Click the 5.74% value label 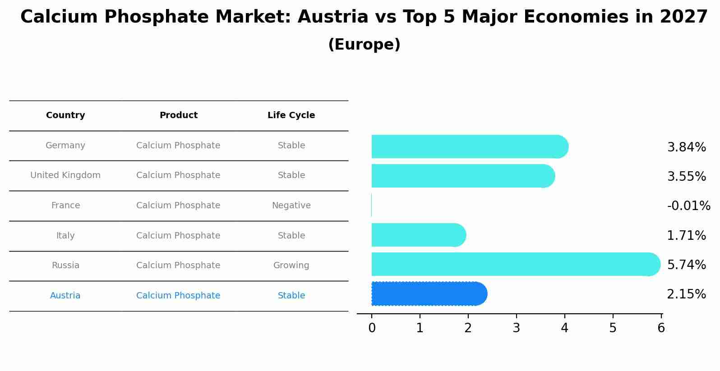click(x=686, y=265)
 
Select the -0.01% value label click(x=688, y=206)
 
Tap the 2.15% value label click(x=686, y=294)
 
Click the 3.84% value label click(x=686, y=147)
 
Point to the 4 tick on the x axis click(x=564, y=328)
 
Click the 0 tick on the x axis click(x=372, y=328)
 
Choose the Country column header click(x=65, y=115)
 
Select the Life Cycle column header click(x=291, y=115)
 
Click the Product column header click(x=178, y=115)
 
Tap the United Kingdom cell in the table click(x=65, y=175)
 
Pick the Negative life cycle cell click(x=291, y=206)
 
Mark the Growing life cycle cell click(x=291, y=266)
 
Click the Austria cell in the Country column click(x=65, y=296)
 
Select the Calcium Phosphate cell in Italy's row click(x=178, y=236)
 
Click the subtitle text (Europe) click(x=364, y=45)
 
